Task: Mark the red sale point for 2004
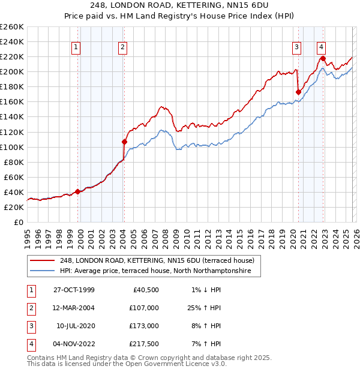[x=124, y=142]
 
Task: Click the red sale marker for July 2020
[x=298, y=92]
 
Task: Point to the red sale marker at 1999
[x=78, y=192]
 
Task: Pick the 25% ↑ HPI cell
[x=202, y=307]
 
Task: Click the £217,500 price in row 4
[x=144, y=344]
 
